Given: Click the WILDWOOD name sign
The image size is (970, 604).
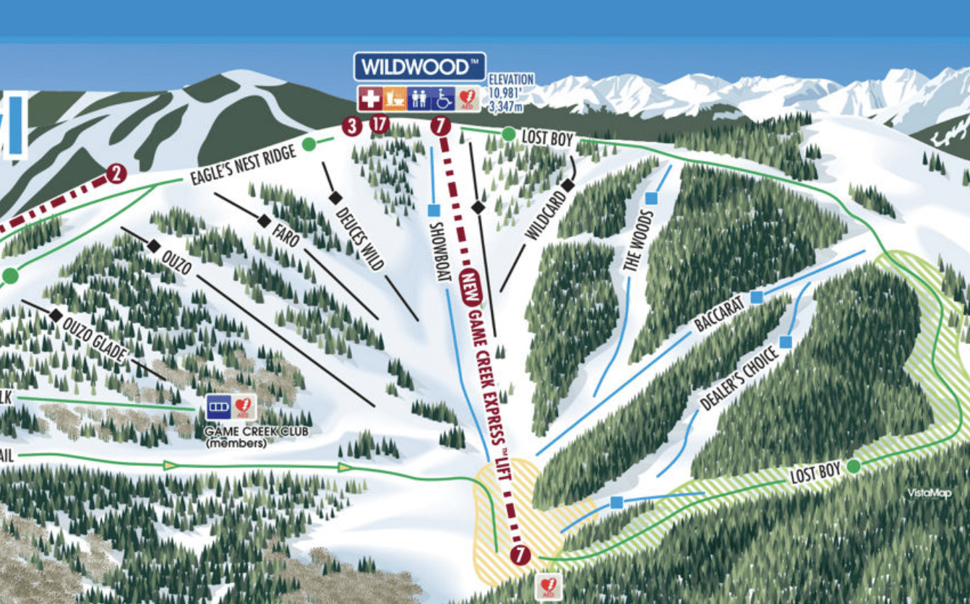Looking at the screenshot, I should pos(419,66).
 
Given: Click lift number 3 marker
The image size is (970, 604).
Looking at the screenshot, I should pos(352,126).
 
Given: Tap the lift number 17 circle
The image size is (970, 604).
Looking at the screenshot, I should pos(379,124).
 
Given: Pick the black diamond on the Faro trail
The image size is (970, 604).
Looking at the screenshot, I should pos(264,220).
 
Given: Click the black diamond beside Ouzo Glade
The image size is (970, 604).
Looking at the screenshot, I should pos(56,315).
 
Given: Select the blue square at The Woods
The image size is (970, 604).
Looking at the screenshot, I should pos(651,197).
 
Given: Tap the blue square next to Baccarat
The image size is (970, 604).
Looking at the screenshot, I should pos(756,296).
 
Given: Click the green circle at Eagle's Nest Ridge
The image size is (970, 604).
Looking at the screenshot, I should pos(309,143).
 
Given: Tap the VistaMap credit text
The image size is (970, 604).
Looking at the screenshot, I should pos(930,493).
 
